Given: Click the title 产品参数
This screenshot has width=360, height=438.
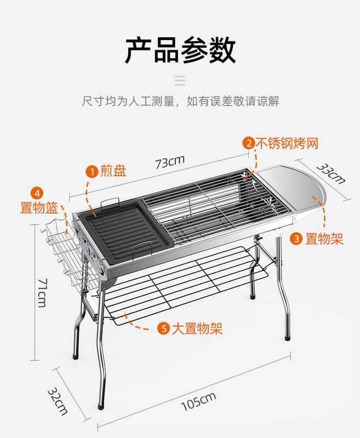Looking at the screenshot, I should pos(180,50).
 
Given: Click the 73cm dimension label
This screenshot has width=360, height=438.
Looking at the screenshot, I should pos(169,162).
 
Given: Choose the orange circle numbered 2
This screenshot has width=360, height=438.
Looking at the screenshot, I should pos(249,143).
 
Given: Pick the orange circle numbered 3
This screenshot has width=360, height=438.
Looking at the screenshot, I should pos(296,239).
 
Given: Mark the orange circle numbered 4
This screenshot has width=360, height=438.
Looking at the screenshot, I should pos(37,193).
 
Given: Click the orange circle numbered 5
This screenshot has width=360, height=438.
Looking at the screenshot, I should pos(163,328).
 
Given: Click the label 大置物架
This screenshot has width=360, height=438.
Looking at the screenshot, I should pos(197,328).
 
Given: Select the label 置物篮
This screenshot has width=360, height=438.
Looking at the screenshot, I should pos(39,208).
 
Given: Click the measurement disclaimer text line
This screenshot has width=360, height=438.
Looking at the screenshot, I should pos(180,101).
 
